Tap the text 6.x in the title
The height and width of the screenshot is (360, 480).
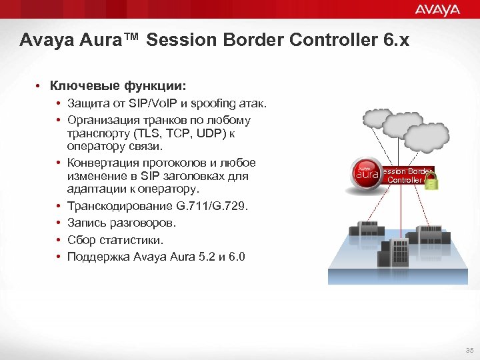[x=396, y=41]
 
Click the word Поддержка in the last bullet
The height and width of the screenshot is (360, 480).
[x=99, y=257]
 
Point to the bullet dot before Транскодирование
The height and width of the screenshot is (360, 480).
[x=59, y=207]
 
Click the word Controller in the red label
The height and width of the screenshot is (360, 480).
[x=404, y=180]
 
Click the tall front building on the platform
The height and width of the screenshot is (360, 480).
[x=393, y=251]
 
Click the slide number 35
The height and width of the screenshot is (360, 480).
[x=469, y=349]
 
